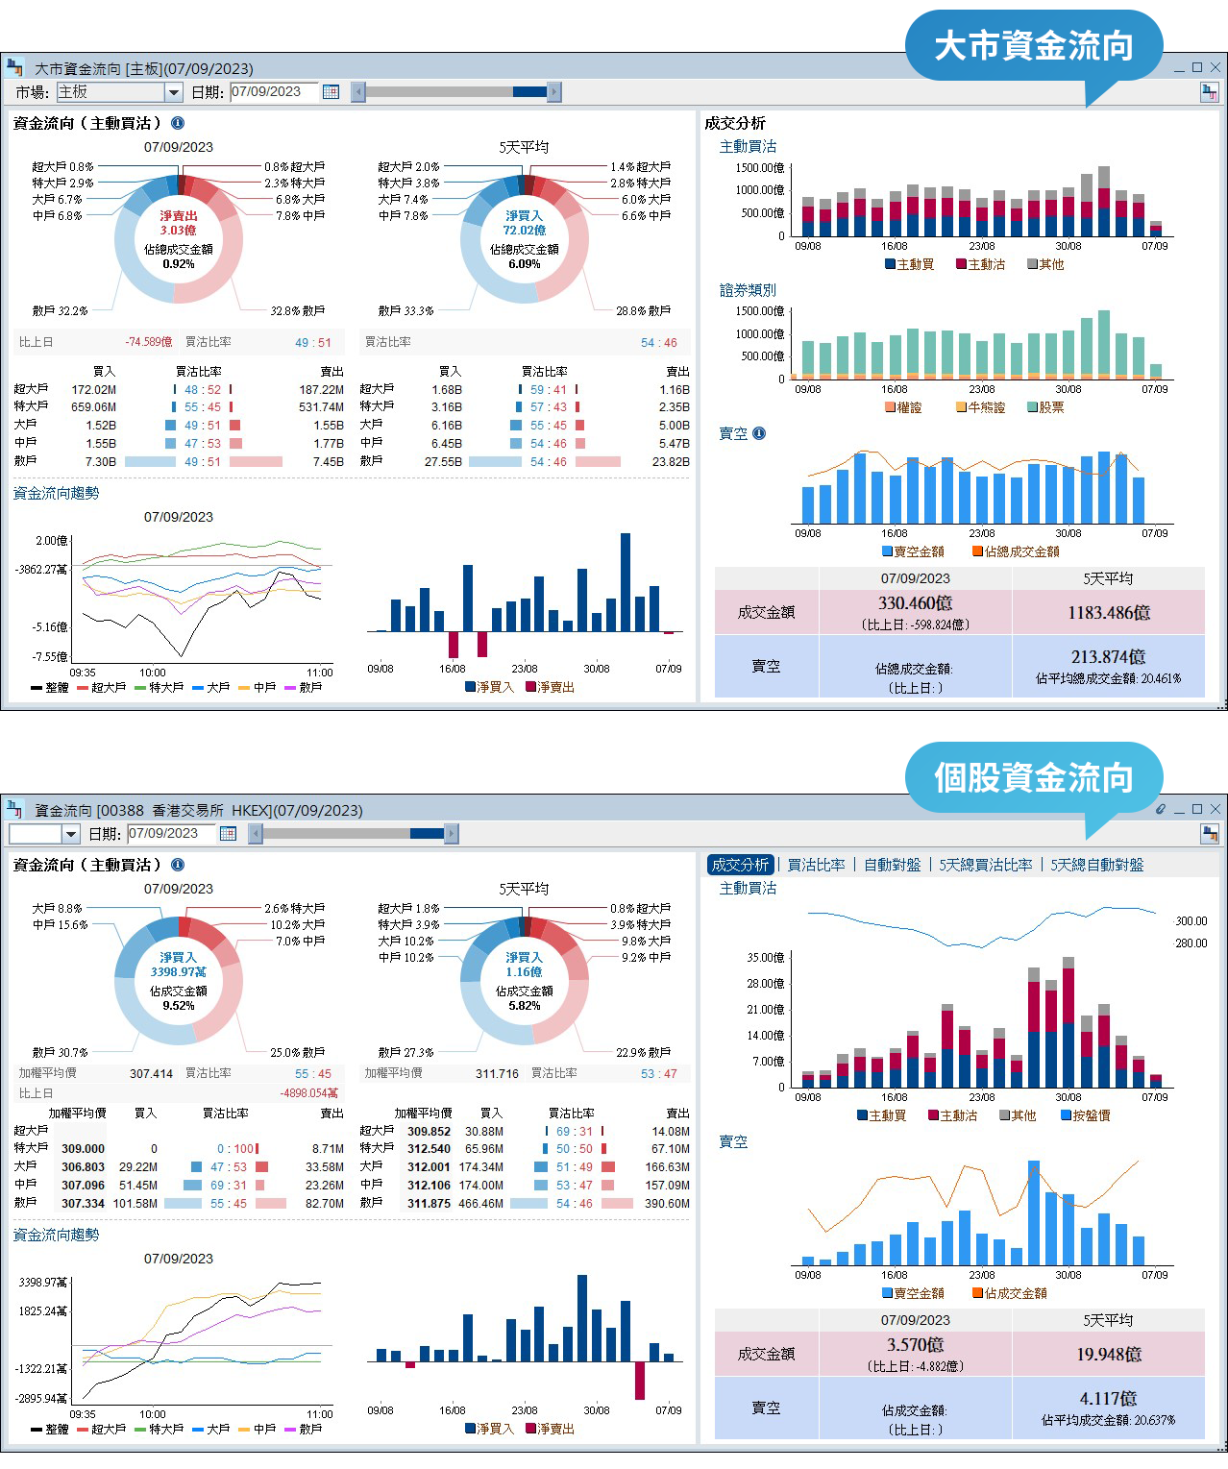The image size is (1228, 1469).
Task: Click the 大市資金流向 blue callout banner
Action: tap(1033, 46)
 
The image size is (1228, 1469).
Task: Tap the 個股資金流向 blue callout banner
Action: tap(1033, 777)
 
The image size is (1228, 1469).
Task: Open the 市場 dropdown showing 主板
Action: tap(119, 92)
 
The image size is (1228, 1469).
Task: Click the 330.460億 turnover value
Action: tap(915, 603)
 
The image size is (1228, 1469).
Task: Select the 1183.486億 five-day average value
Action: tap(1108, 613)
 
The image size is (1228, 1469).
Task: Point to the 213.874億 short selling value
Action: tap(1108, 657)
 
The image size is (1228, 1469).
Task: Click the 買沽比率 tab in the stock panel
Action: tap(816, 865)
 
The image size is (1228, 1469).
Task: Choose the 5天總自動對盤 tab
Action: tap(1096, 865)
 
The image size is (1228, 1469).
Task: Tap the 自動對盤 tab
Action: tap(892, 865)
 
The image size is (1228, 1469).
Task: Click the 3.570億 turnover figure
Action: tap(915, 1345)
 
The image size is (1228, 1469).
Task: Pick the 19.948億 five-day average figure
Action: tap(1108, 1355)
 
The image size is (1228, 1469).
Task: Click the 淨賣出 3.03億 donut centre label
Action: tap(178, 223)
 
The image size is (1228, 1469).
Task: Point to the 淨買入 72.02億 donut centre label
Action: tap(524, 223)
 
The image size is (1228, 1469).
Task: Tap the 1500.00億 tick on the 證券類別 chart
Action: tap(759, 311)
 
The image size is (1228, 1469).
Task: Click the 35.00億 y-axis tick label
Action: tap(765, 958)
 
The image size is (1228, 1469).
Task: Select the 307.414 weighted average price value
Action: tap(151, 1073)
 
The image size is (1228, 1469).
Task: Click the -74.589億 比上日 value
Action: tap(148, 342)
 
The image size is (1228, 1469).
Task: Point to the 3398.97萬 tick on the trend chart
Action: tap(42, 1283)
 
